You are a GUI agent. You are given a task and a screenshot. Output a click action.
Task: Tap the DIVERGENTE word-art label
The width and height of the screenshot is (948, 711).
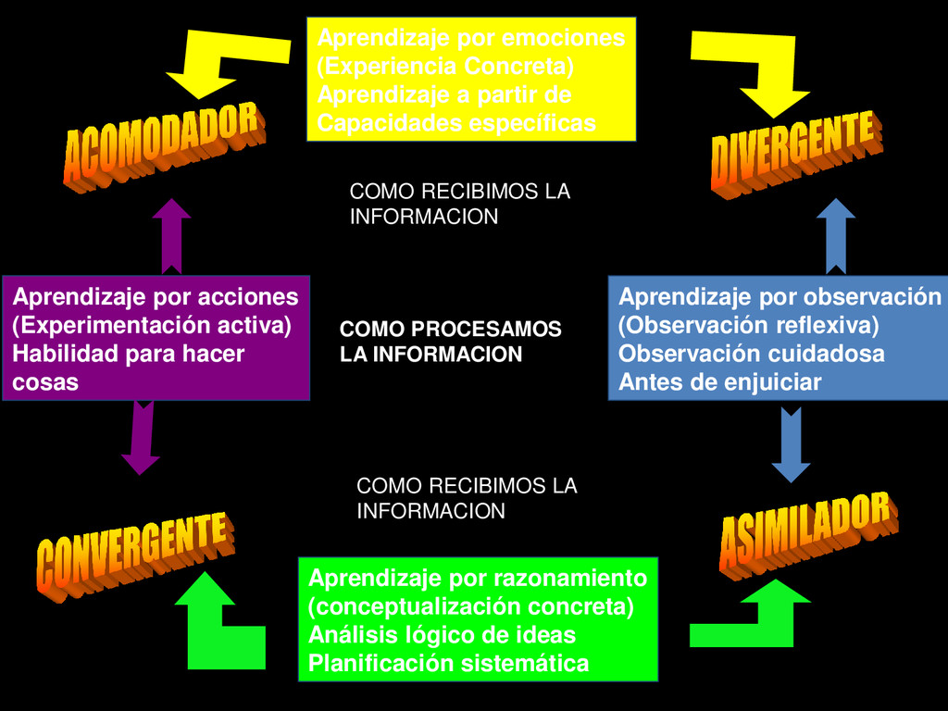pos(795,152)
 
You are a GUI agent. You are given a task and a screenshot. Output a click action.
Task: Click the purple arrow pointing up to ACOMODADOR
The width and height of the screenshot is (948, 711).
pos(172,237)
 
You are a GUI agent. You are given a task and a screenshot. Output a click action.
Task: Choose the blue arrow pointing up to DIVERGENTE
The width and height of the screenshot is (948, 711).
pos(836,236)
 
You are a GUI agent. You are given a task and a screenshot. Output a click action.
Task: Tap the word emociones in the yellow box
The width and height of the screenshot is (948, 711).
pos(564,39)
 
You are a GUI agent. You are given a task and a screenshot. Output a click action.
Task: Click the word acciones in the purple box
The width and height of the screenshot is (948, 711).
pos(248,297)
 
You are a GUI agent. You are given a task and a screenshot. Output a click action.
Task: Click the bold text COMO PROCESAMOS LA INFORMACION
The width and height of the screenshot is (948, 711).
pos(451,342)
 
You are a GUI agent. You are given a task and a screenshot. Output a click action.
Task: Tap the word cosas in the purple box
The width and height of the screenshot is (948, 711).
pos(45,382)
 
